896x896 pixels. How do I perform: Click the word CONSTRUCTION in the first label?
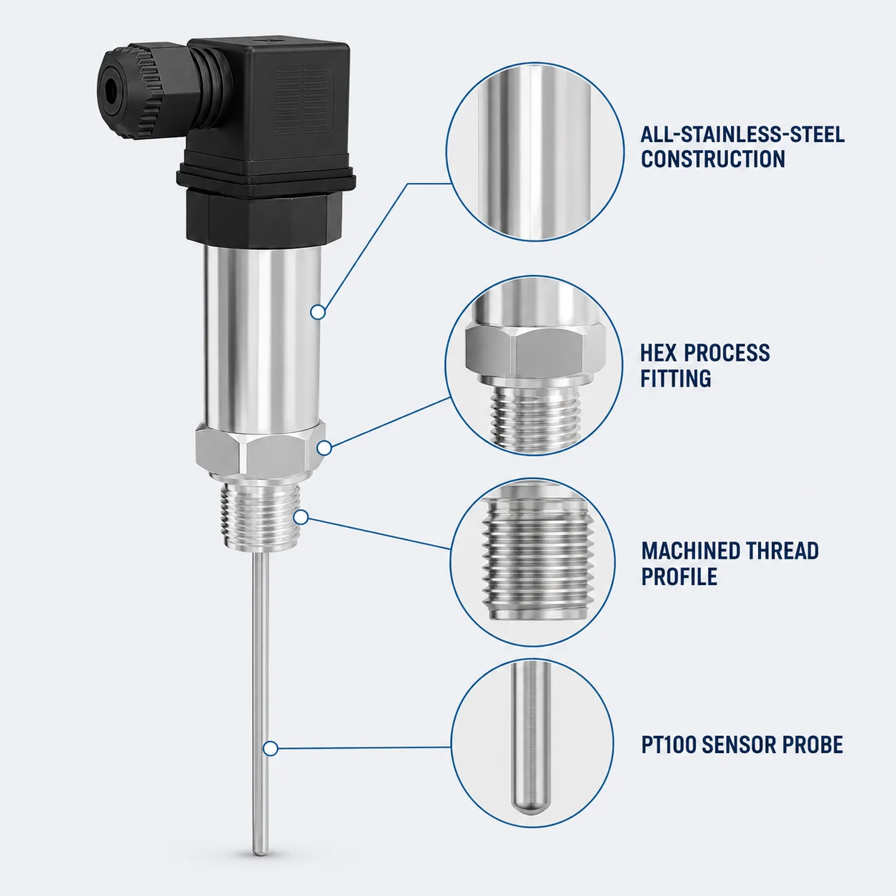(x=713, y=159)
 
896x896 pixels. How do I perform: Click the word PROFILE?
(x=680, y=577)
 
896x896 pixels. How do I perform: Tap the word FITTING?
(x=676, y=378)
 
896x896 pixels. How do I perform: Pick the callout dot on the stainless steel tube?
(x=317, y=312)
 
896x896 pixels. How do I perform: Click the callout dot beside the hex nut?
(x=324, y=448)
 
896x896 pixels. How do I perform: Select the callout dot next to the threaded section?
(x=301, y=517)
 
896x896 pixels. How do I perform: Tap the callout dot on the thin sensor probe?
(x=270, y=749)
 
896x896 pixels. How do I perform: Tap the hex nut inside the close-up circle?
(x=535, y=352)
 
